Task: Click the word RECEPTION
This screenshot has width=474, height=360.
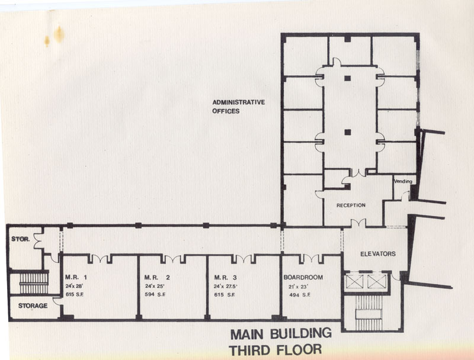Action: (351, 205)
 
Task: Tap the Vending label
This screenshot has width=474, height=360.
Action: (403, 181)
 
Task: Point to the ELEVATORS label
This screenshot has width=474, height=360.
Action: (378, 254)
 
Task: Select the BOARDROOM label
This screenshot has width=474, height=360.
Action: (303, 277)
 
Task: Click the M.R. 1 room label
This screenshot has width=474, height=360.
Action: (76, 277)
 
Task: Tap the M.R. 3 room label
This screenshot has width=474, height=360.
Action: (225, 277)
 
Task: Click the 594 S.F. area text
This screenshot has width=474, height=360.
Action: (155, 294)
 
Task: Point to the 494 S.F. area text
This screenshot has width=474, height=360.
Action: (300, 295)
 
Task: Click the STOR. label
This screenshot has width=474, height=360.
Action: (21, 239)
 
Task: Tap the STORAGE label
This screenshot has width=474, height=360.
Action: (33, 306)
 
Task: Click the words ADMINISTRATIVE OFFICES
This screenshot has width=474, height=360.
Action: (239, 107)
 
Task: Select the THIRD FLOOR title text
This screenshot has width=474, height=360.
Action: (275, 350)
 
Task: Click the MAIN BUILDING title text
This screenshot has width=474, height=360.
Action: (281, 334)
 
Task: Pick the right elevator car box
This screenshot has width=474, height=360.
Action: (377, 281)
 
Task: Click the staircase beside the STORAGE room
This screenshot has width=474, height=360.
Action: (34, 283)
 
